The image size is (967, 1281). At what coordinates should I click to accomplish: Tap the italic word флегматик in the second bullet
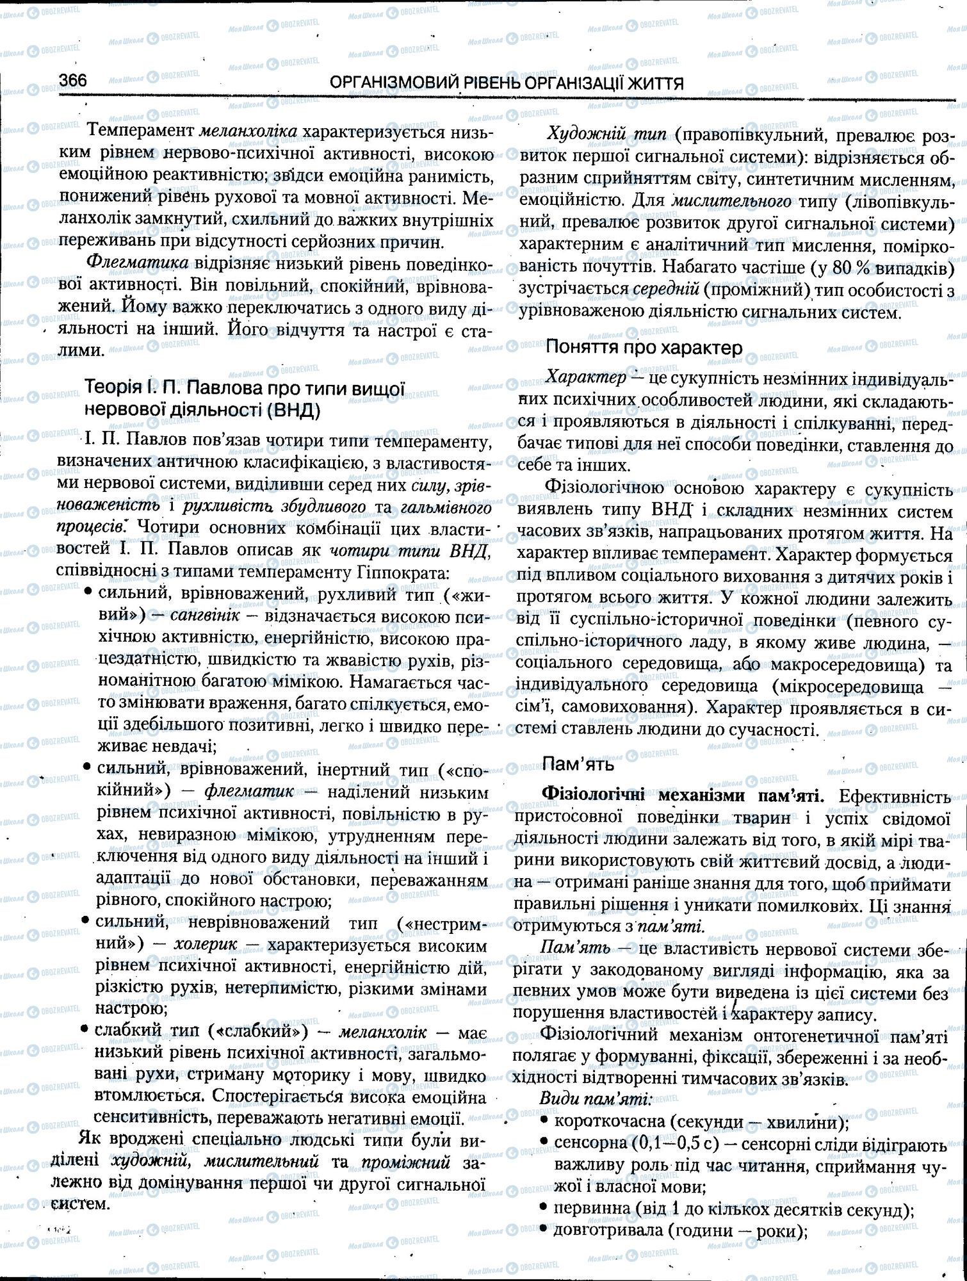click(249, 791)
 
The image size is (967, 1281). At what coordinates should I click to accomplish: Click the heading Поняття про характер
click(644, 348)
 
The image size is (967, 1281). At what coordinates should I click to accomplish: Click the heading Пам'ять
click(578, 763)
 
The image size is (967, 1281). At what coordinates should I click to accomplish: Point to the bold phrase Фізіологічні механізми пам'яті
click(683, 796)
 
